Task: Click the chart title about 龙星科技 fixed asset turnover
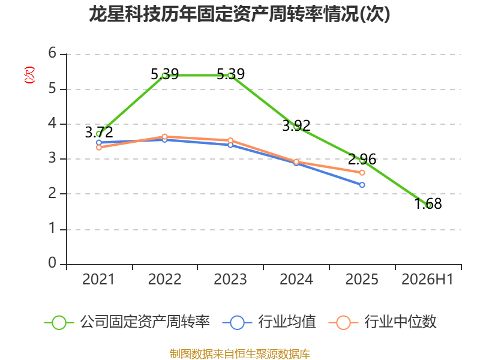coord(239,14)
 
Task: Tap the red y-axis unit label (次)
coord(29,75)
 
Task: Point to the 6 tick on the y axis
coord(52,53)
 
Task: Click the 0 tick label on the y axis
coord(52,263)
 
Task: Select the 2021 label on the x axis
coord(98,280)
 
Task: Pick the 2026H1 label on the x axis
coord(427,280)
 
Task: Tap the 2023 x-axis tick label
coord(230,280)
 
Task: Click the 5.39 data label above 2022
coord(164,74)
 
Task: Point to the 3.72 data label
coord(99,132)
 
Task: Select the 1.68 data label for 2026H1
coord(428,204)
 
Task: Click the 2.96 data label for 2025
coord(362,159)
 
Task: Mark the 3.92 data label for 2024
coord(296,126)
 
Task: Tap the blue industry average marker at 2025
coord(362,185)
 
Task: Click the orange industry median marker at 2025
coord(362,173)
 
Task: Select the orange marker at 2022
coord(164,137)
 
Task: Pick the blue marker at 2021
coord(99,143)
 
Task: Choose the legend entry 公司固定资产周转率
coord(127,322)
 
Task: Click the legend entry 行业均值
coord(269,322)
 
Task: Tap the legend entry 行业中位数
coord(382,322)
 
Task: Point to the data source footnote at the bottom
coord(240,354)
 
